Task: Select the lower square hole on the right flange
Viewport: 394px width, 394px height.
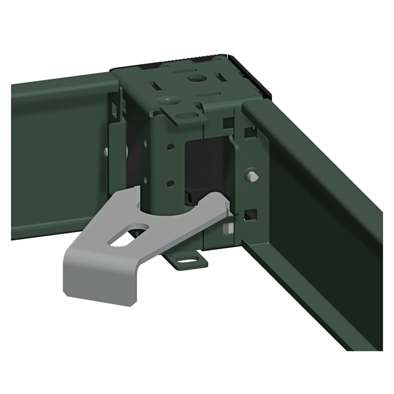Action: pos(251,213)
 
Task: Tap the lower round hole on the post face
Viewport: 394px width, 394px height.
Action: pos(170,183)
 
